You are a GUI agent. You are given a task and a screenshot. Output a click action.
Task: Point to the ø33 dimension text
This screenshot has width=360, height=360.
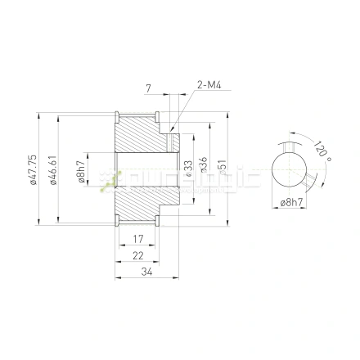tap(189, 170)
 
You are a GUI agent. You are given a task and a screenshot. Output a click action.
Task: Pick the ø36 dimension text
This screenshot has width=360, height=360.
tap(202, 169)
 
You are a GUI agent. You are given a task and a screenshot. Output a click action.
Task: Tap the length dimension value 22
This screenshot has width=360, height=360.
tap(139, 255)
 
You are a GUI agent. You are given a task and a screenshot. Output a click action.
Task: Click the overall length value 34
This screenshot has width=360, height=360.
tap(146, 272)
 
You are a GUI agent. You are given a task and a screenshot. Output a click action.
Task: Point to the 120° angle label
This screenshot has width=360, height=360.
tap(322, 150)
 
